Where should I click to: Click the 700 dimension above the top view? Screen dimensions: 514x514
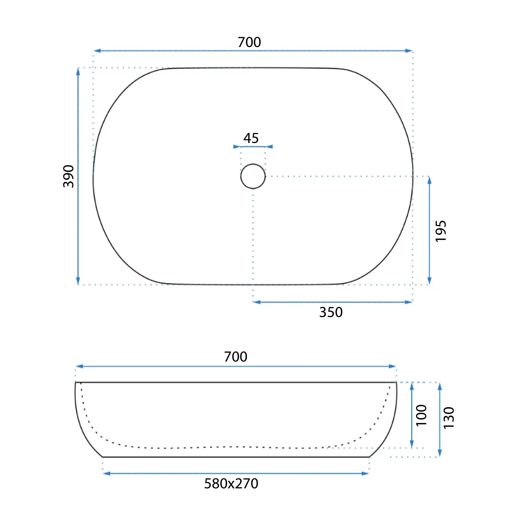coord(249,42)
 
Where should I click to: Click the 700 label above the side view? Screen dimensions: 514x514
coord(236,357)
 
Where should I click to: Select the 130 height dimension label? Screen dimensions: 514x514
coord(449,417)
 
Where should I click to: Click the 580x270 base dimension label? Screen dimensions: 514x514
coord(231,484)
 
